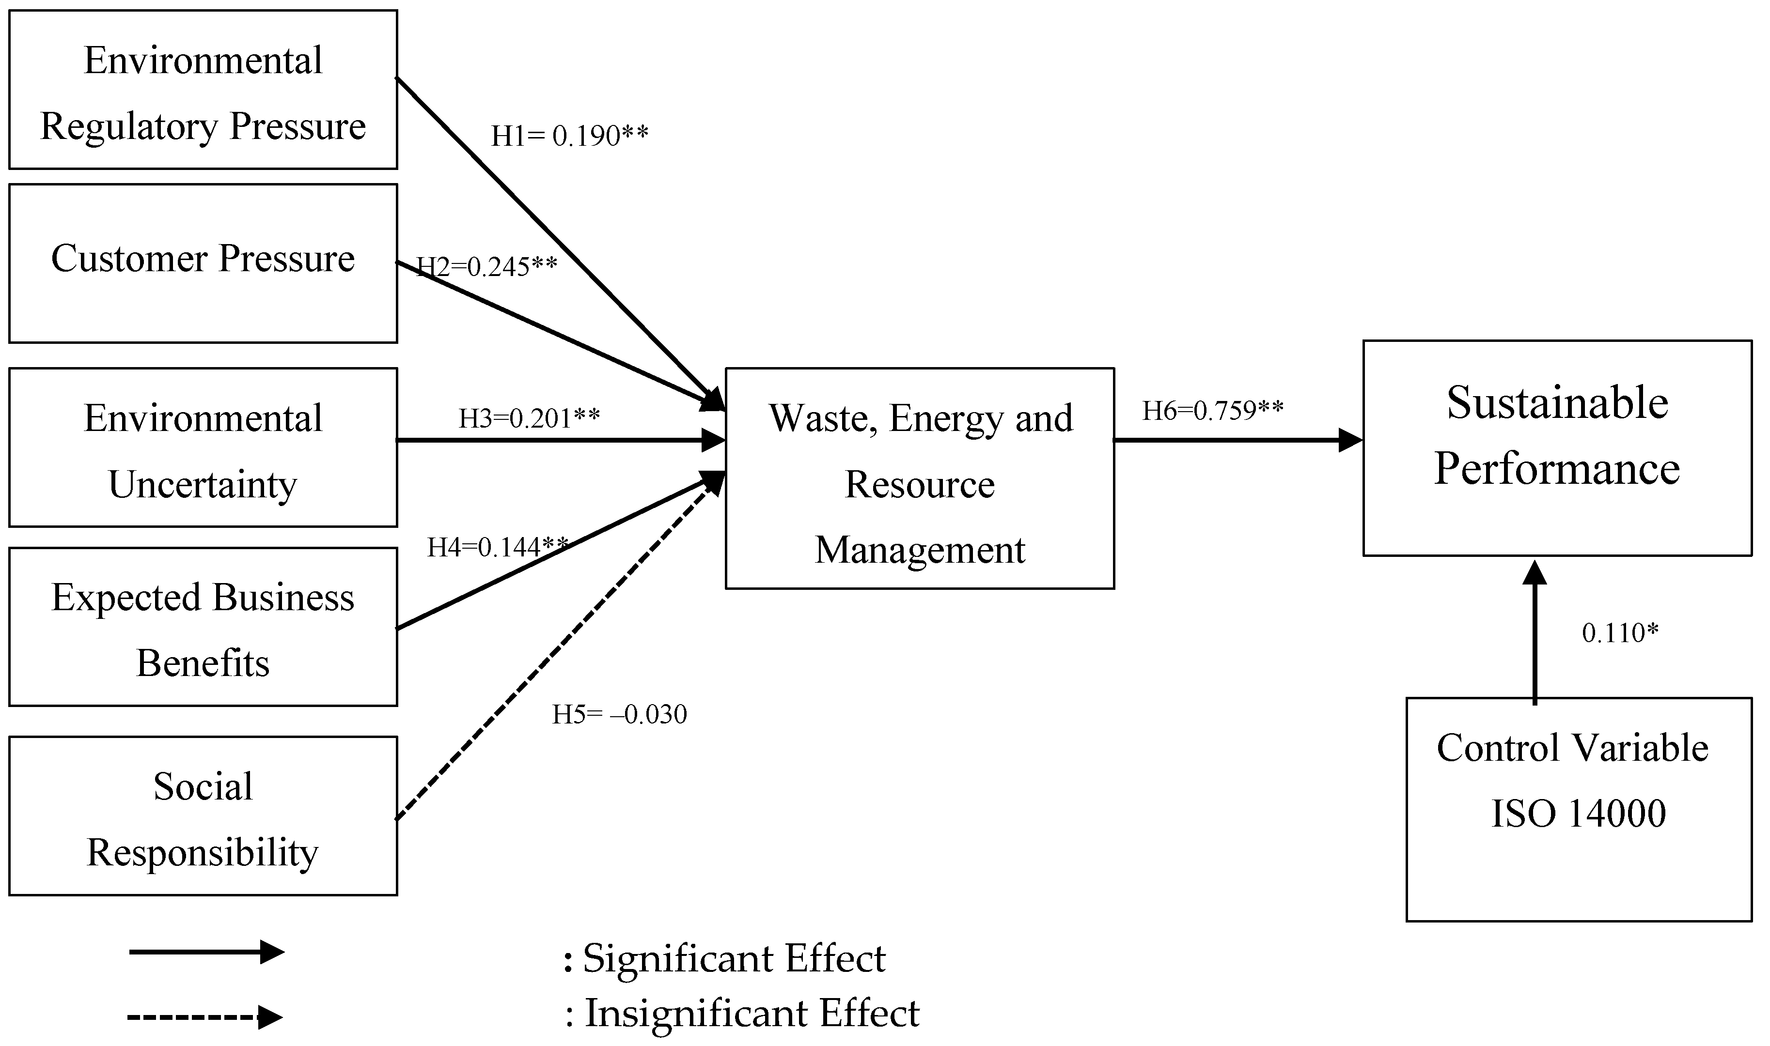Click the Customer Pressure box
[x=203, y=263]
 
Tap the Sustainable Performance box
[x=1557, y=448]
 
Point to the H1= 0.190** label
[x=569, y=136]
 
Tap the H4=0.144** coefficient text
[x=497, y=547]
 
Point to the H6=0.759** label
[x=1212, y=410]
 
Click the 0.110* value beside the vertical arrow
[x=1620, y=633]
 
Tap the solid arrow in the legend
[x=206, y=952]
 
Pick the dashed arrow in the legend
[x=204, y=1017]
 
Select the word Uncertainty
[x=203, y=484]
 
